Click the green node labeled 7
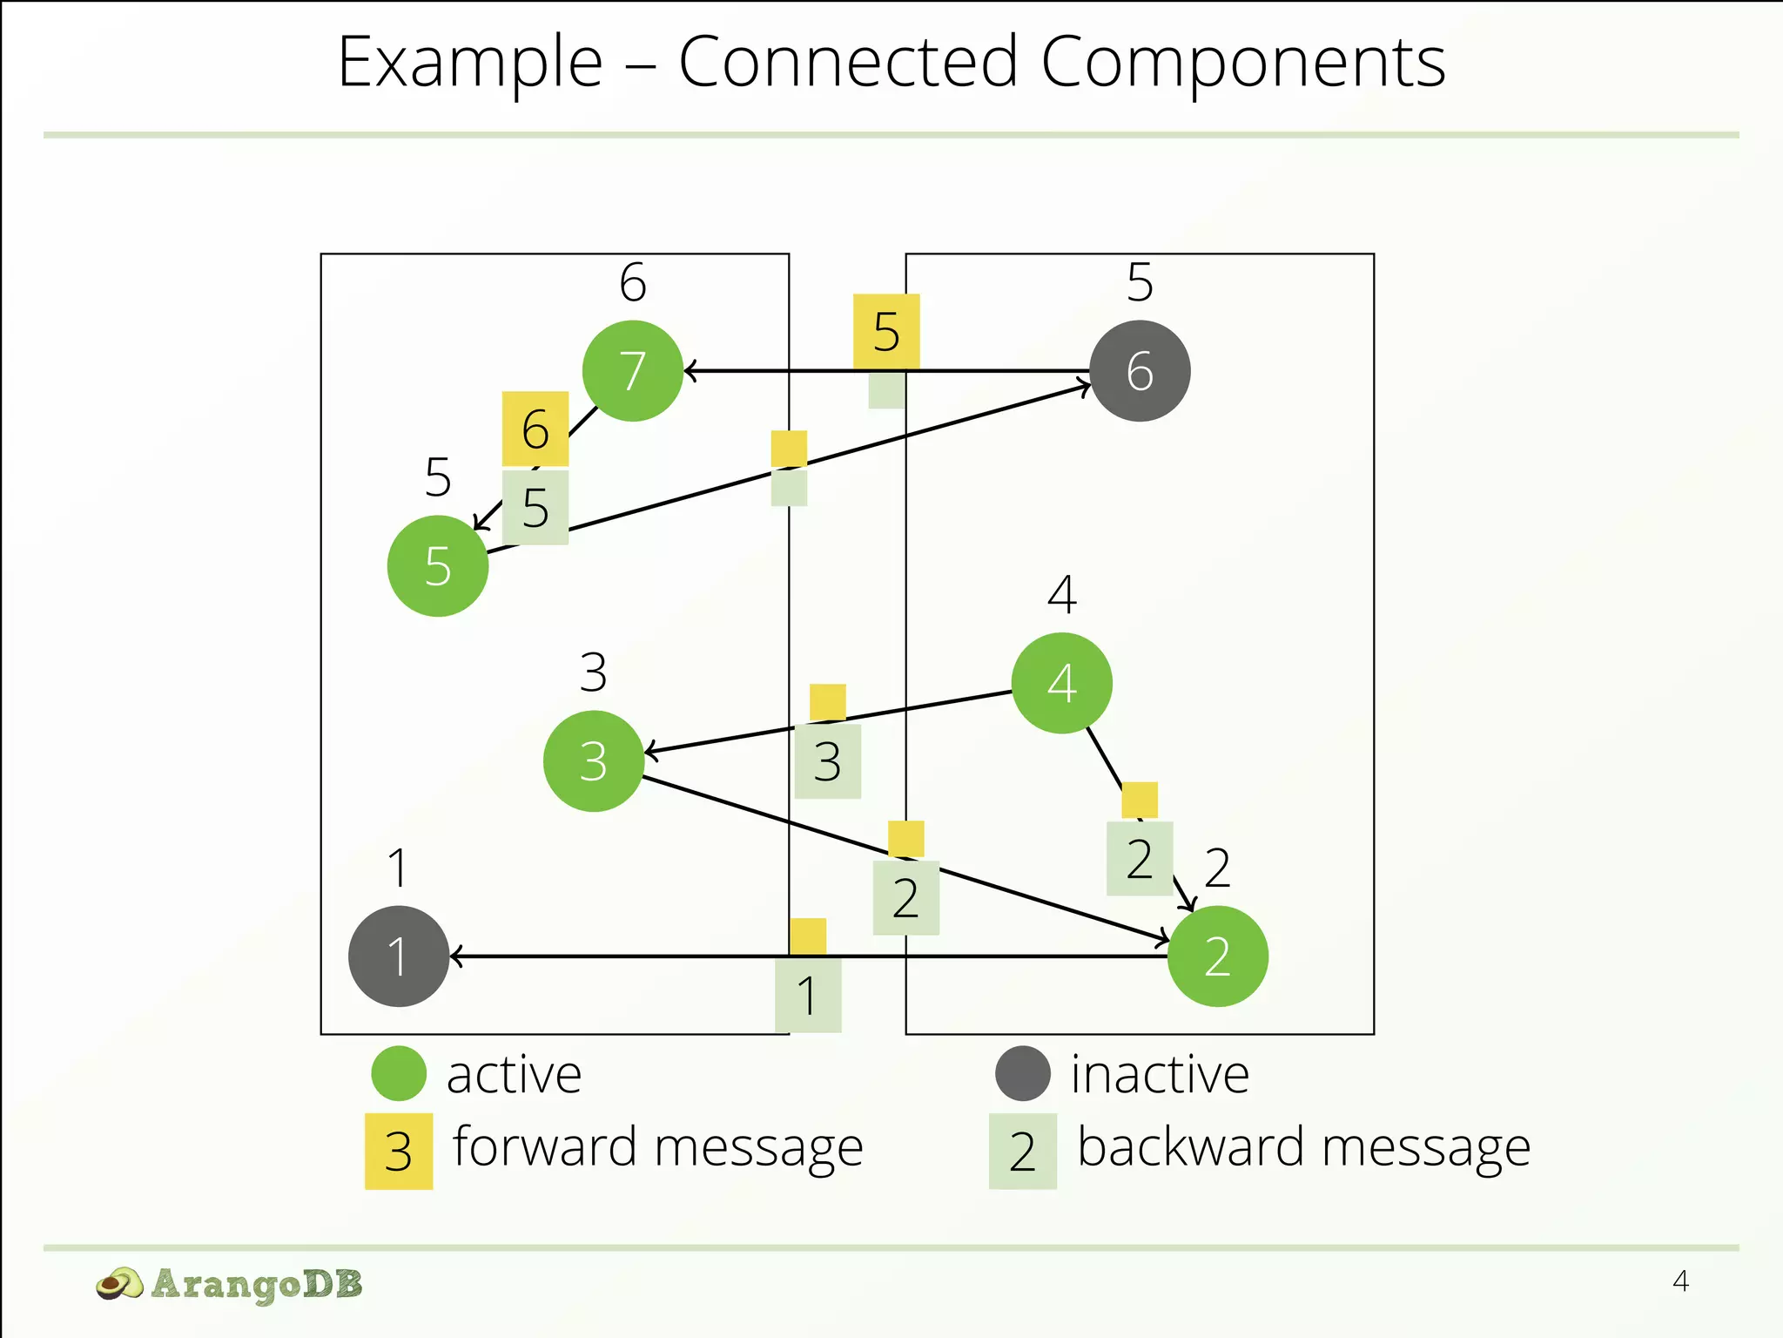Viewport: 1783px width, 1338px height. (633, 371)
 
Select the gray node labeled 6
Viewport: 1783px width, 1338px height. (1140, 371)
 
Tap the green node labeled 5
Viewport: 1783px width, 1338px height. (438, 566)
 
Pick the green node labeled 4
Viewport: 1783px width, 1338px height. (1061, 683)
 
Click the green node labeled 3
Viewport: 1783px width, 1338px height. (594, 761)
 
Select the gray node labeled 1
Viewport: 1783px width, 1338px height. (399, 956)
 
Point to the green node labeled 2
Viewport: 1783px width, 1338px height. (1217, 956)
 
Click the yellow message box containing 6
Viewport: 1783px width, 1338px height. (535, 429)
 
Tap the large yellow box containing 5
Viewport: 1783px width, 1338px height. (886, 331)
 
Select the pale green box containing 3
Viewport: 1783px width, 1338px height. (828, 761)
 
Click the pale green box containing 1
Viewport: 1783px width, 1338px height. (808, 995)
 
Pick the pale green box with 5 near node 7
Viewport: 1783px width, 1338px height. (535, 508)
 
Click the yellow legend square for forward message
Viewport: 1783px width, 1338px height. (399, 1152)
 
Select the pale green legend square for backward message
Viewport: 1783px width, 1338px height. (1023, 1152)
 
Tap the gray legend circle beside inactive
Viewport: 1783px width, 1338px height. (1023, 1073)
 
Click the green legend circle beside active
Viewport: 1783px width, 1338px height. (399, 1073)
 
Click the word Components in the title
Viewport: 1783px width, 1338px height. (1243, 63)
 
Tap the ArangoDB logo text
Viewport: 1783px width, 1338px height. (256, 1284)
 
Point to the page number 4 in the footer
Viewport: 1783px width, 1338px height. (1680, 1281)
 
